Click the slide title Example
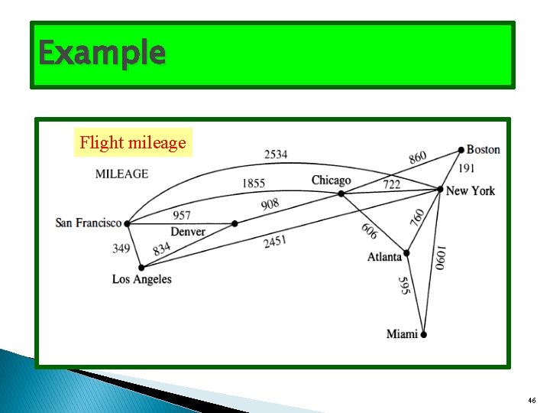coord(102,54)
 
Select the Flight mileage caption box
coord(133,142)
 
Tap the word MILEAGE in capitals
coord(121,174)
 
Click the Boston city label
coord(484,149)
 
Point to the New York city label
coord(471,190)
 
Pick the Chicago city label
coord(331,180)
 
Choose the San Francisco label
coord(89,223)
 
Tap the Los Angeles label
coord(142,279)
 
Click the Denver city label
coord(187,232)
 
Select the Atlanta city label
coord(384,257)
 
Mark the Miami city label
coord(402,333)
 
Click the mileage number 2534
coord(276,154)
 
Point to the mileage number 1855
coord(254,184)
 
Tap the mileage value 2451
coord(275,242)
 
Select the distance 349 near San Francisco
coord(121,248)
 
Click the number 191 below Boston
coord(466,168)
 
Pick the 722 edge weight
coord(392,184)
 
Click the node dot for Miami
coord(423,334)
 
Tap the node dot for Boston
coord(461,150)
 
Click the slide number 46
coord(532,401)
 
